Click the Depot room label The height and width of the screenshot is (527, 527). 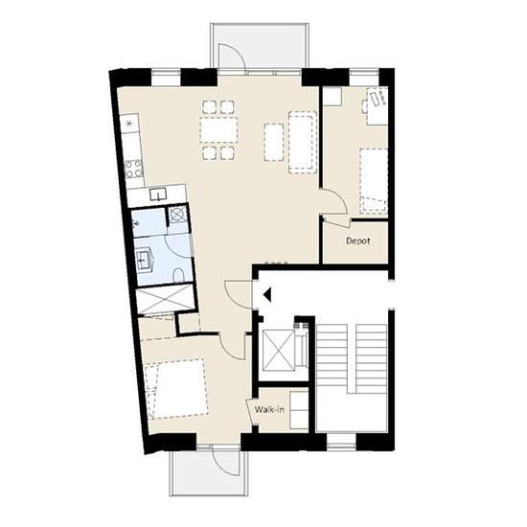358,241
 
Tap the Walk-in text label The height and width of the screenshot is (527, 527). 269,410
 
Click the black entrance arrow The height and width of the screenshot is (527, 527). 267,295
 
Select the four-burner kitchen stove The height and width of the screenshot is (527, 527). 133,169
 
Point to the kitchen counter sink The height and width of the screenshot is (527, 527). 158,194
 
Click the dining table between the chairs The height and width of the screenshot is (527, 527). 218,129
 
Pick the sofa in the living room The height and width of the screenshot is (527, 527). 303,142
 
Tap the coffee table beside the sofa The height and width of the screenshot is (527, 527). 274,142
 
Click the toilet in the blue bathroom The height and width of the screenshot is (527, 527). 178,275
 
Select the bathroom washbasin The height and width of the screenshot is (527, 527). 146,260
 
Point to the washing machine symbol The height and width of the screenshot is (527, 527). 177,214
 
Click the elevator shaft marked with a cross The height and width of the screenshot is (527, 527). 278,350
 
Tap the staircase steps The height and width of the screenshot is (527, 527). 352,358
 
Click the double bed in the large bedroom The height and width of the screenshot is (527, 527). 176,389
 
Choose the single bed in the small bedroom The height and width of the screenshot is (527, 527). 374,181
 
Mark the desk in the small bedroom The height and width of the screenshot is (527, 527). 378,105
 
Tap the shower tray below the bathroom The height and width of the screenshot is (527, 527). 165,299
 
